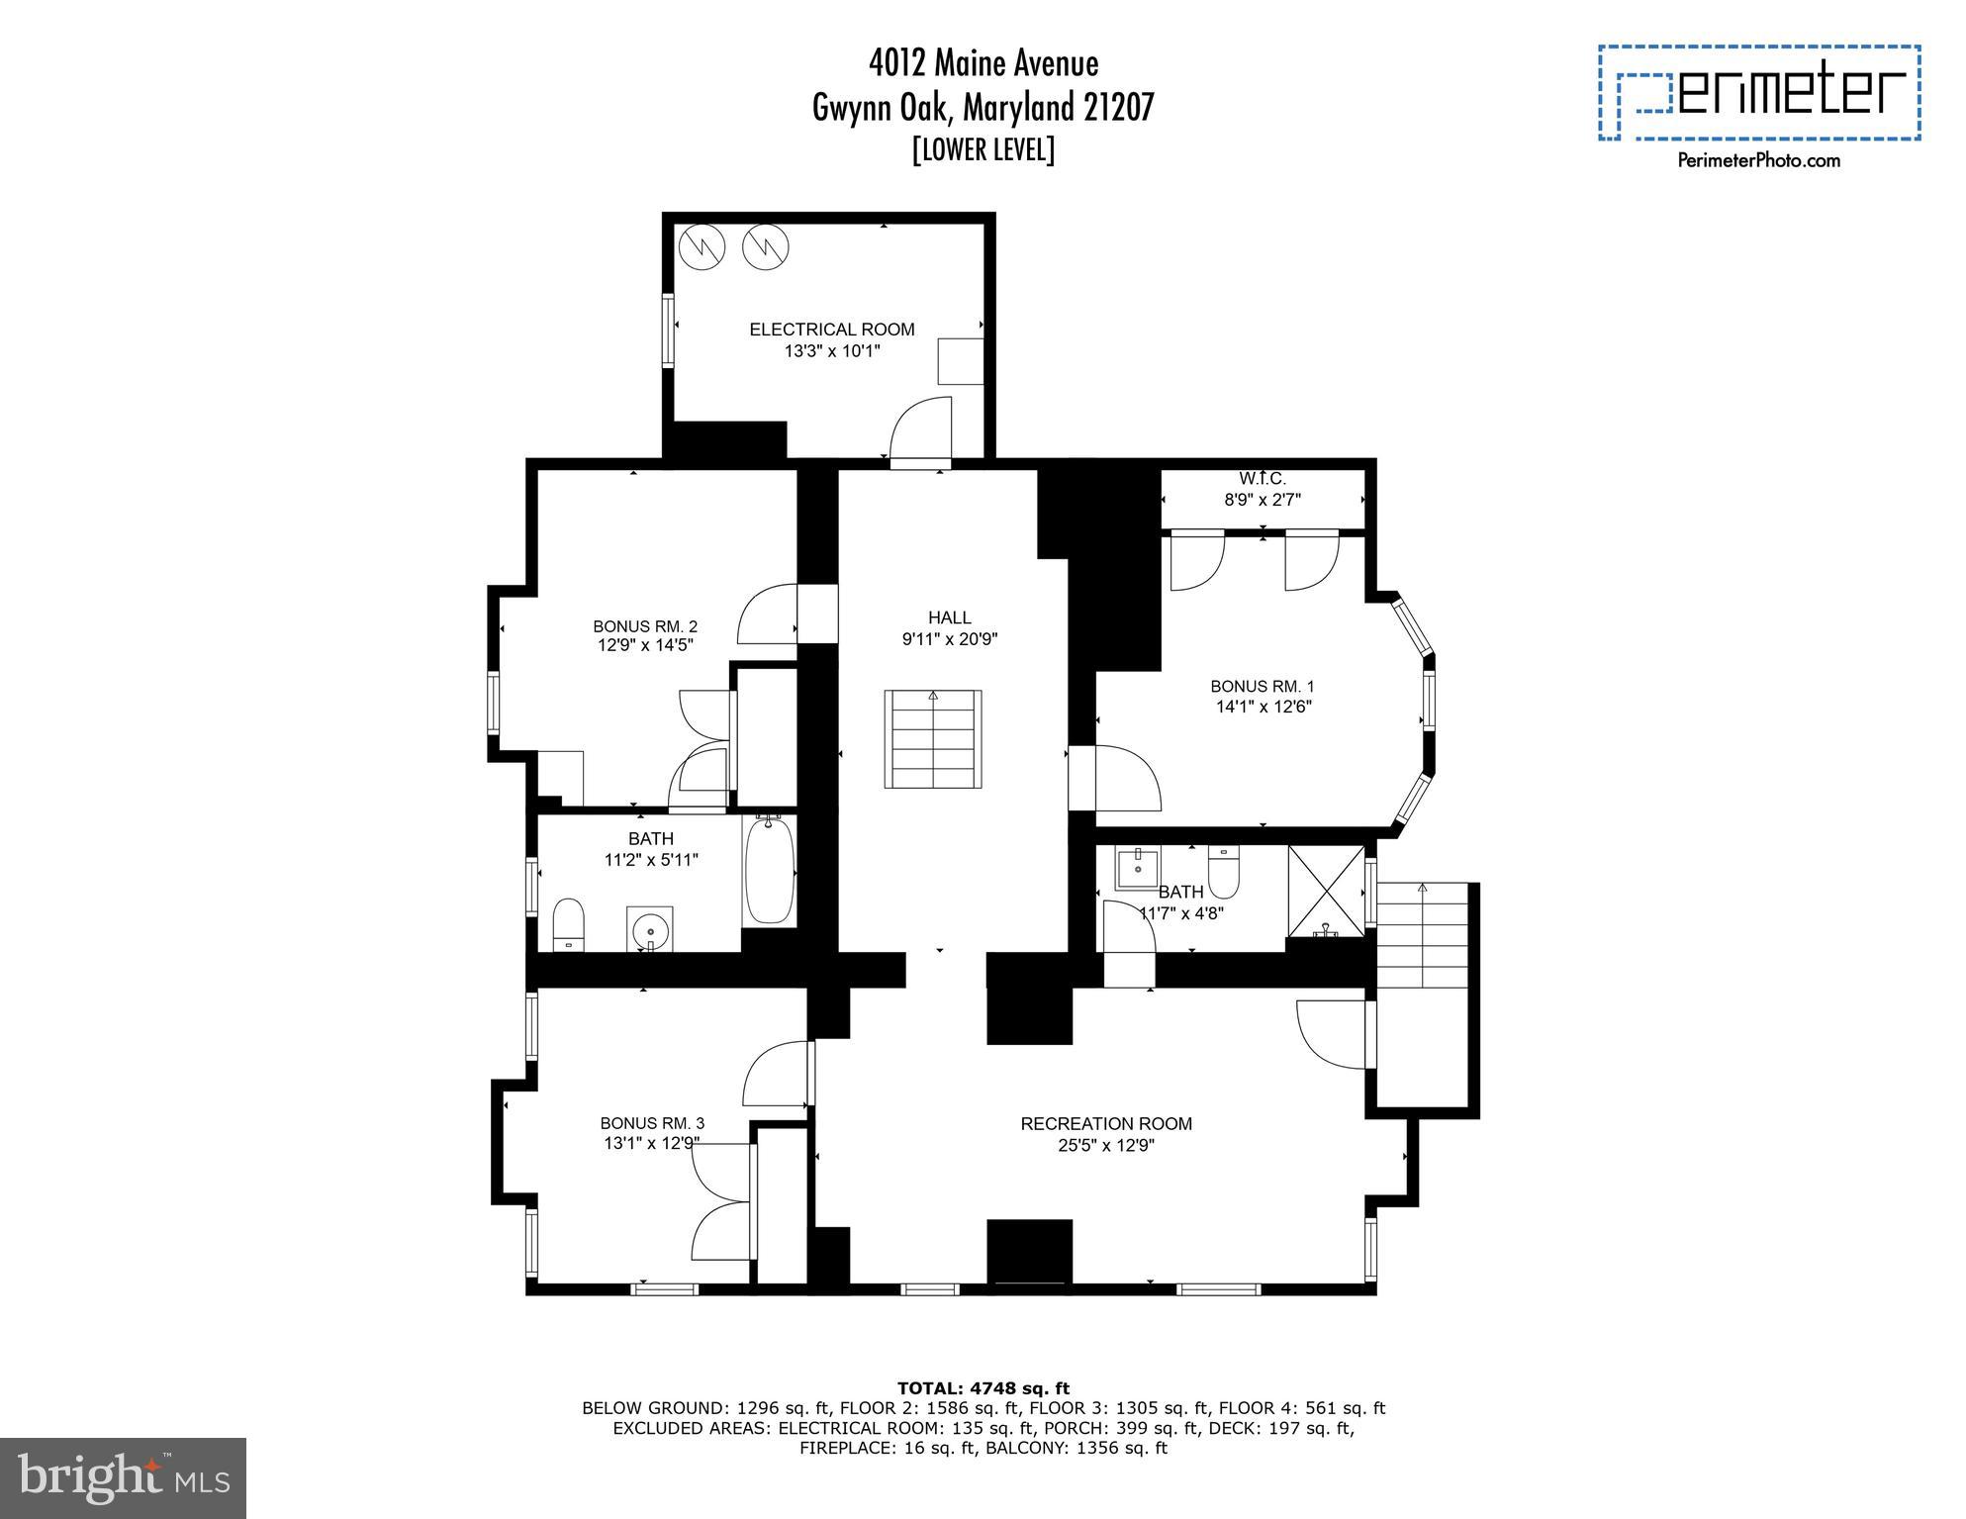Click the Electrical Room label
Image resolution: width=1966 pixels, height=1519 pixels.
pyautogui.click(x=831, y=330)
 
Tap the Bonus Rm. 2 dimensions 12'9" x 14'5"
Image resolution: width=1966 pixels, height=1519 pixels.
pyautogui.click(x=645, y=645)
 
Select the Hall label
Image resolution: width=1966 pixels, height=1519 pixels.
pyautogui.click(x=949, y=617)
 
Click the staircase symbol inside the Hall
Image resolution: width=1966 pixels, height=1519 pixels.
pyautogui.click(x=932, y=739)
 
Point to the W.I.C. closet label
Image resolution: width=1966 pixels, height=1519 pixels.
pyautogui.click(x=1262, y=479)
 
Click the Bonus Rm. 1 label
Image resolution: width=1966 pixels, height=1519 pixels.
pyautogui.click(x=1262, y=686)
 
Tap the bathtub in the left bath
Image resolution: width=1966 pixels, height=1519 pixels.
pyautogui.click(x=769, y=871)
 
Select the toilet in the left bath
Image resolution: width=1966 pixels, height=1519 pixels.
pyautogui.click(x=568, y=923)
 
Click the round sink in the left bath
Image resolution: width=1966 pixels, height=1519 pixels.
pyautogui.click(x=649, y=929)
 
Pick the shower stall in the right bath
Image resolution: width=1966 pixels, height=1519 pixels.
pyautogui.click(x=1325, y=889)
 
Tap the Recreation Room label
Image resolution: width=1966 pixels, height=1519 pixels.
pyautogui.click(x=1105, y=1124)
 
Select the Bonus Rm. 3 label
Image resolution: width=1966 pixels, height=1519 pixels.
pyautogui.click(x=652, y=1123)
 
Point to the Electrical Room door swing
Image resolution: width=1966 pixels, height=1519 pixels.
pyautogui.click(x=920, y=431)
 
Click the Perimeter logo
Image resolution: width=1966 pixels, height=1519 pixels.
pyautogui.click(x=1759, y=93)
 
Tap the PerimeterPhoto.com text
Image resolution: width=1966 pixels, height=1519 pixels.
pyautogui.click(x=1758, y=160)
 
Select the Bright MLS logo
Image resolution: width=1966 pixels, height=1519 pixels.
pyautogui.click(x=123, y=1477)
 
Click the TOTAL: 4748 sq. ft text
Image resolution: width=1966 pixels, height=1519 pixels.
pyautogui.click(x=983, y=1388)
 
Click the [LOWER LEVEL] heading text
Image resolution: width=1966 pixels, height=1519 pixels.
pyautogui.click(x=983, y=149)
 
